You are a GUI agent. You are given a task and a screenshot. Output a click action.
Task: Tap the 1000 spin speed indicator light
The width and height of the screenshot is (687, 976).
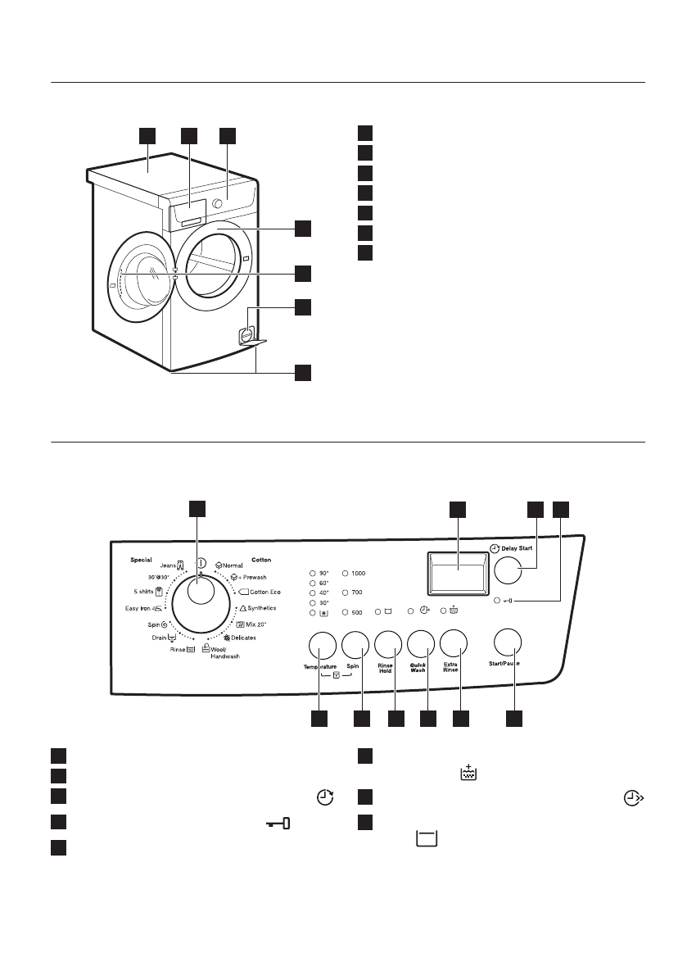click(x=346, y=574)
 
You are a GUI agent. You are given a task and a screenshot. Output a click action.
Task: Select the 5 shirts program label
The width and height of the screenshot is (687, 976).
click(x=147, y=590)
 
